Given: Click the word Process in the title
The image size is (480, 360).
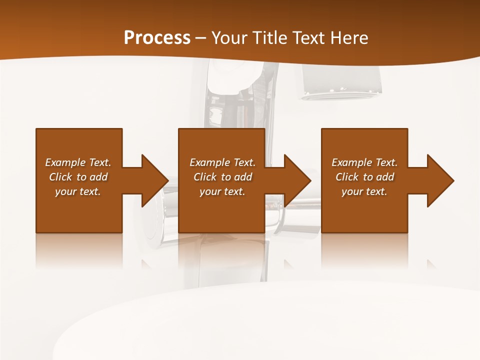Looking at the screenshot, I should pyautogui.click(x=157, y=38).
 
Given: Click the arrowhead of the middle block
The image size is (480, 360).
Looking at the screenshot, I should pyautogui.click(x=297, y=180).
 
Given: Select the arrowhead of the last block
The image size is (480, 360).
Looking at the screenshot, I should pyautogui.click(x=440, y=180).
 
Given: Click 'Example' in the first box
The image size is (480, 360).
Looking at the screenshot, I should pyautogui.click(x=65, y=162).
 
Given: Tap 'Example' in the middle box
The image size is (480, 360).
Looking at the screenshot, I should pyautogui.click(x=209, y=162).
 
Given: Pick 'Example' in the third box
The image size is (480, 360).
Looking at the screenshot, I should pyautogui.click(x=351, y=162).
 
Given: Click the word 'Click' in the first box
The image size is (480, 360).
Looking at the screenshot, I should pyautogui.click(x=60, y=177).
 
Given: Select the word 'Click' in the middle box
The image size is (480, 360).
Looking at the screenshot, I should pyautogui.click(x=205, y=177).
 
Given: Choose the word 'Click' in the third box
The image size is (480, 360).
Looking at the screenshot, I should pyautogui.click(x=347, y=177).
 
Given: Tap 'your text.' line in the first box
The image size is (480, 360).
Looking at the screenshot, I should pyautogui.click(x=78, y=191).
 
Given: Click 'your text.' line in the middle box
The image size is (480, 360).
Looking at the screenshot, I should pyautogui.click(x=222, y=191).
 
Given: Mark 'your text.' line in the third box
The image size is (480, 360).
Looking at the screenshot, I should pyautogui.click(x=364, y=191).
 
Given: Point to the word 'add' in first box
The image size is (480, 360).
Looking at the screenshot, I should pyautogui.click(x=98, y=177).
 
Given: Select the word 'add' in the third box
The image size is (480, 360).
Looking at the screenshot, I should pyautogui.click(x=384, y=177).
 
